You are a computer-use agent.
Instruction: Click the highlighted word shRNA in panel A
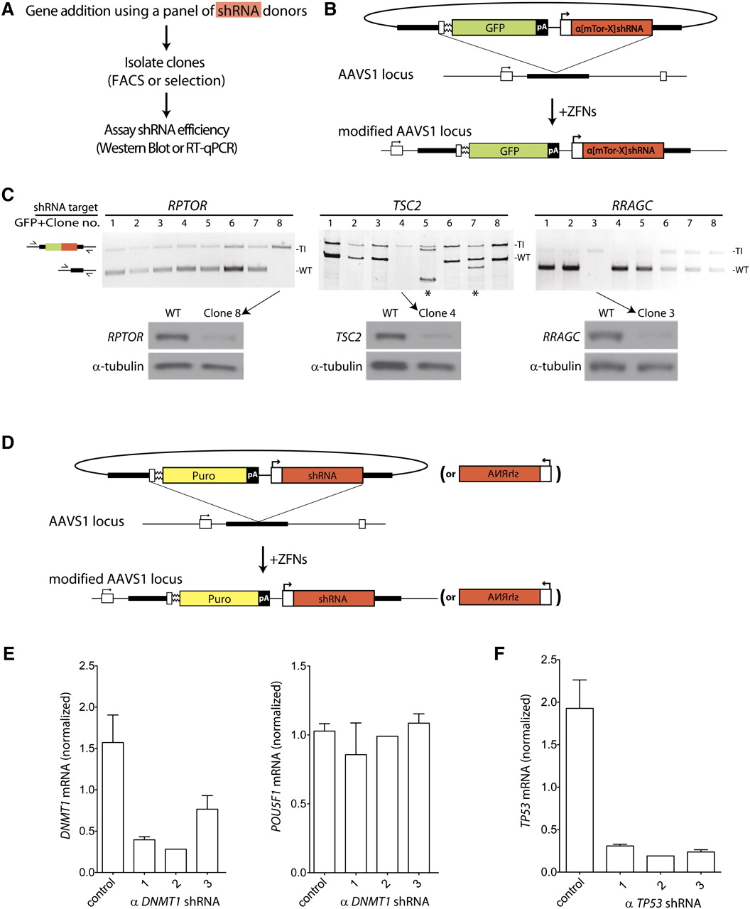pos(239,12)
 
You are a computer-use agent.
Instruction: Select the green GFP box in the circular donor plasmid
pos(494,28)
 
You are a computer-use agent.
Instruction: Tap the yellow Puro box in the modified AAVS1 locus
pos(219,599)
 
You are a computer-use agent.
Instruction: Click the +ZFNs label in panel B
pos(577,112)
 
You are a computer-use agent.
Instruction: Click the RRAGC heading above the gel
pos(631,205)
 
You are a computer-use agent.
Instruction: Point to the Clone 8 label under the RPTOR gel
pos(222,312)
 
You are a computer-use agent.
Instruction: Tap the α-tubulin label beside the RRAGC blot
pos(555,366)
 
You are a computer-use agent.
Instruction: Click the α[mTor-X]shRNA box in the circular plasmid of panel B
pos(607,29)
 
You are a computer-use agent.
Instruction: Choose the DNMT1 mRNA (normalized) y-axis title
pos(65,768)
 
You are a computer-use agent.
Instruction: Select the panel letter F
pos(499,652)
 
